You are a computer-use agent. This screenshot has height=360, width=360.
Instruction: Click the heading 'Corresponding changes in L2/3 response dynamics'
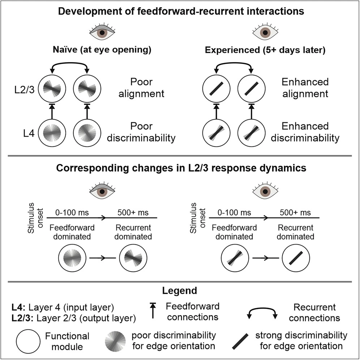pos(180,168)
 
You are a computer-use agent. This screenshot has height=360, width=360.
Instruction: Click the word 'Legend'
pos(180,291)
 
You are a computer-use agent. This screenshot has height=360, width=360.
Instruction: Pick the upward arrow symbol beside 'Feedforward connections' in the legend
pos(152,311)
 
